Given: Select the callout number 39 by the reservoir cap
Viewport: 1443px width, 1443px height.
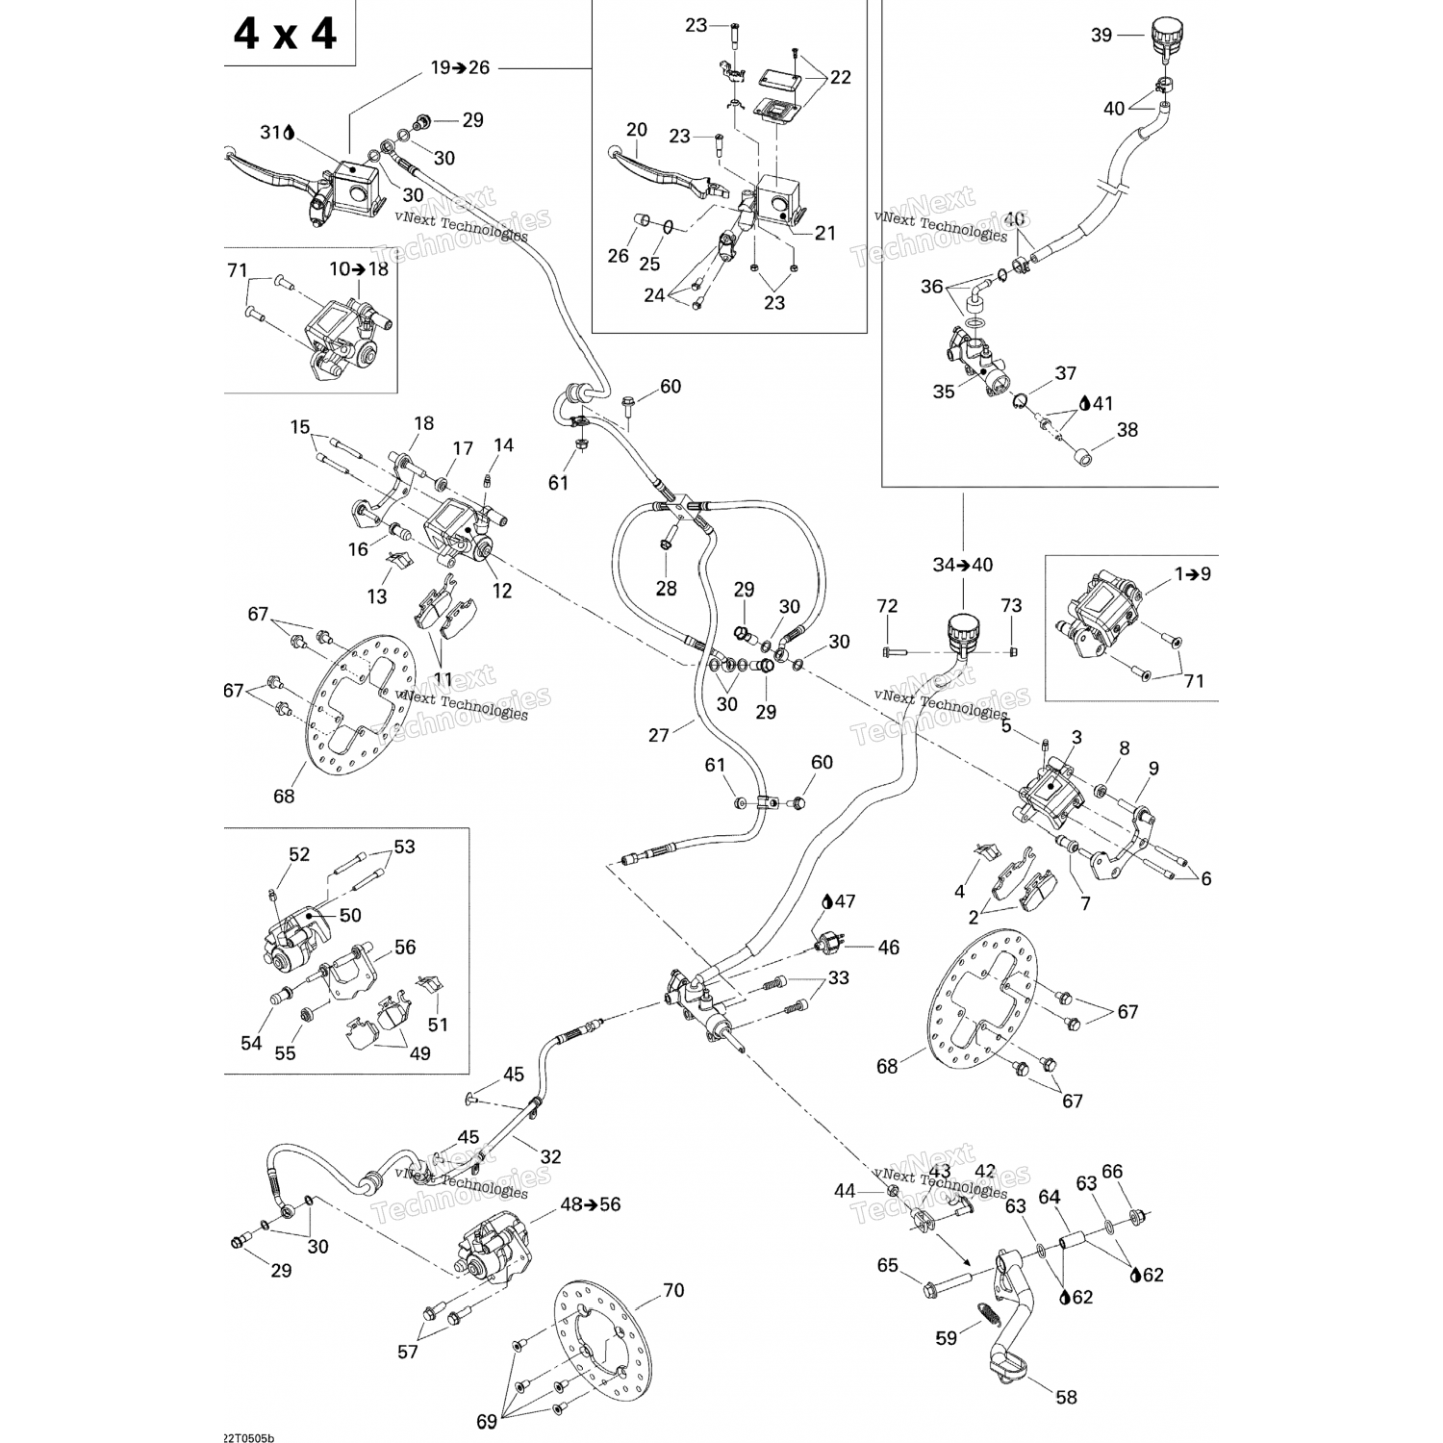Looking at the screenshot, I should pyautogui.click(x=1101, y=36).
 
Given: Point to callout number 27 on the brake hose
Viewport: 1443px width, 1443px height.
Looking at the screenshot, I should pyautogui.click(x=659, y=735).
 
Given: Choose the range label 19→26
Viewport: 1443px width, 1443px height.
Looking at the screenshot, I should pyautogui.click(x=460, y=67).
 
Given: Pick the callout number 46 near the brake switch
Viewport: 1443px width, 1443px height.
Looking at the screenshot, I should pyautogui.click(x=888, y=948).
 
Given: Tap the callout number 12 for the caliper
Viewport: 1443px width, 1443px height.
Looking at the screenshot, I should pyautogui.click(x=502, y=591).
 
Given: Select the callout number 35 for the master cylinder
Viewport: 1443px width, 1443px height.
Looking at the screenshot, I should pyautogui.click(x=944, y=392).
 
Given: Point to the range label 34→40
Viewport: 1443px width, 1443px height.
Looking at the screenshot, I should pyautogui.click(x=963, y=565).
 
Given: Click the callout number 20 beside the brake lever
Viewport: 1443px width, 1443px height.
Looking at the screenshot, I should pyautogui.click(x=637, y=130).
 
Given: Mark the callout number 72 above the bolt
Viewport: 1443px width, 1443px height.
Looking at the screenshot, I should pyautogui.click(x=887, y=606).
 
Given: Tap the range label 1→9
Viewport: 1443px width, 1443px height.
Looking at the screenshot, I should pyautogui.click(x=1193, y=574).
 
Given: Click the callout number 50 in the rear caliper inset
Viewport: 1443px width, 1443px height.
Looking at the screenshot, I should pyautogui.click(x=350, y=915).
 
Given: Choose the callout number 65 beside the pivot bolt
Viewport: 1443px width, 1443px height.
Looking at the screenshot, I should pyautogui.click(x=887, y=1265).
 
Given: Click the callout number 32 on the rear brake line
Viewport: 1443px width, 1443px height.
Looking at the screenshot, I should pyautogui.click(x=551, y=1156).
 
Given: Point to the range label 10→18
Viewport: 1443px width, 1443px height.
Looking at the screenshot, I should pyautogui.click(x=359, y=269).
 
